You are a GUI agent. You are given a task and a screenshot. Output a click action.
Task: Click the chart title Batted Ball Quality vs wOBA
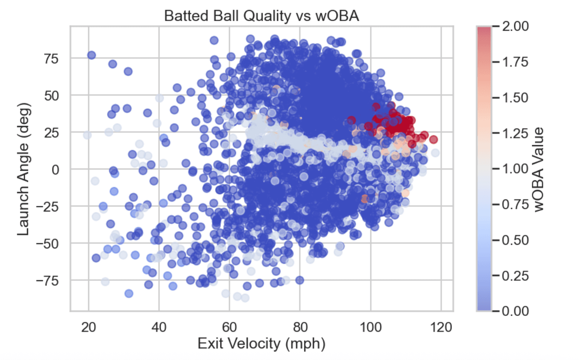(x=261, y=16)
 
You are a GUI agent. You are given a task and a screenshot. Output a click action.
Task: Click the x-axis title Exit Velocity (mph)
(x=261, y=343)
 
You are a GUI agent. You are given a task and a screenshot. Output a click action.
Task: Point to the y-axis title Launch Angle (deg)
(x=23, y=169)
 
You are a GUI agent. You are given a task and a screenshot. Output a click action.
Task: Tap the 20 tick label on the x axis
(x=89, y=327)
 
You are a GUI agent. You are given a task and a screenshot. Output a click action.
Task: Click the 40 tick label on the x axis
(x=159, y=327)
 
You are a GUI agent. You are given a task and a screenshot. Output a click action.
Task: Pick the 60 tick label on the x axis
(x=229, y=327)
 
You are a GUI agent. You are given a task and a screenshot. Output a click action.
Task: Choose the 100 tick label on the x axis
(x=371, y=327)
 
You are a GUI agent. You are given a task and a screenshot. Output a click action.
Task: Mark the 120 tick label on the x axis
(x=441, y=327)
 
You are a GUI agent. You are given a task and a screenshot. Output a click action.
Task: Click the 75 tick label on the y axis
(x=51, y=59)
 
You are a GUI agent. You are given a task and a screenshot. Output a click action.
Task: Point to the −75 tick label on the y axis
(x=47, y=281)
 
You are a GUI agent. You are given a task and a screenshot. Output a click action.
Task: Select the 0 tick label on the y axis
(x=55, y=170)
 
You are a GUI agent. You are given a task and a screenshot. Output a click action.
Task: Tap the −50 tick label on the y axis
(x=47, y=244)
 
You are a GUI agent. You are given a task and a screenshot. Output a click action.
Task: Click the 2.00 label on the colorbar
(x=515, y=26)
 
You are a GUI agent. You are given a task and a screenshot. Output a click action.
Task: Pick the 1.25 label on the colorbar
(x=515, y=133)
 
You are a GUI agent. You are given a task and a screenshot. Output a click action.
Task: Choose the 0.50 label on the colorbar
(x=515, y=240)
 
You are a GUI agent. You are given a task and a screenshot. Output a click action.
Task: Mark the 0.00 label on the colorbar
(x=515, y=310)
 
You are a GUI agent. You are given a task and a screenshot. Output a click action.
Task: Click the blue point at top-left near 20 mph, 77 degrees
(x=91, y=55)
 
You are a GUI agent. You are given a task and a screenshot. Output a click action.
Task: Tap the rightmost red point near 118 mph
(x=433, y=139)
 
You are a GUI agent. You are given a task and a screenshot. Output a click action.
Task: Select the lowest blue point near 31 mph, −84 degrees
(x=129, y=293)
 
